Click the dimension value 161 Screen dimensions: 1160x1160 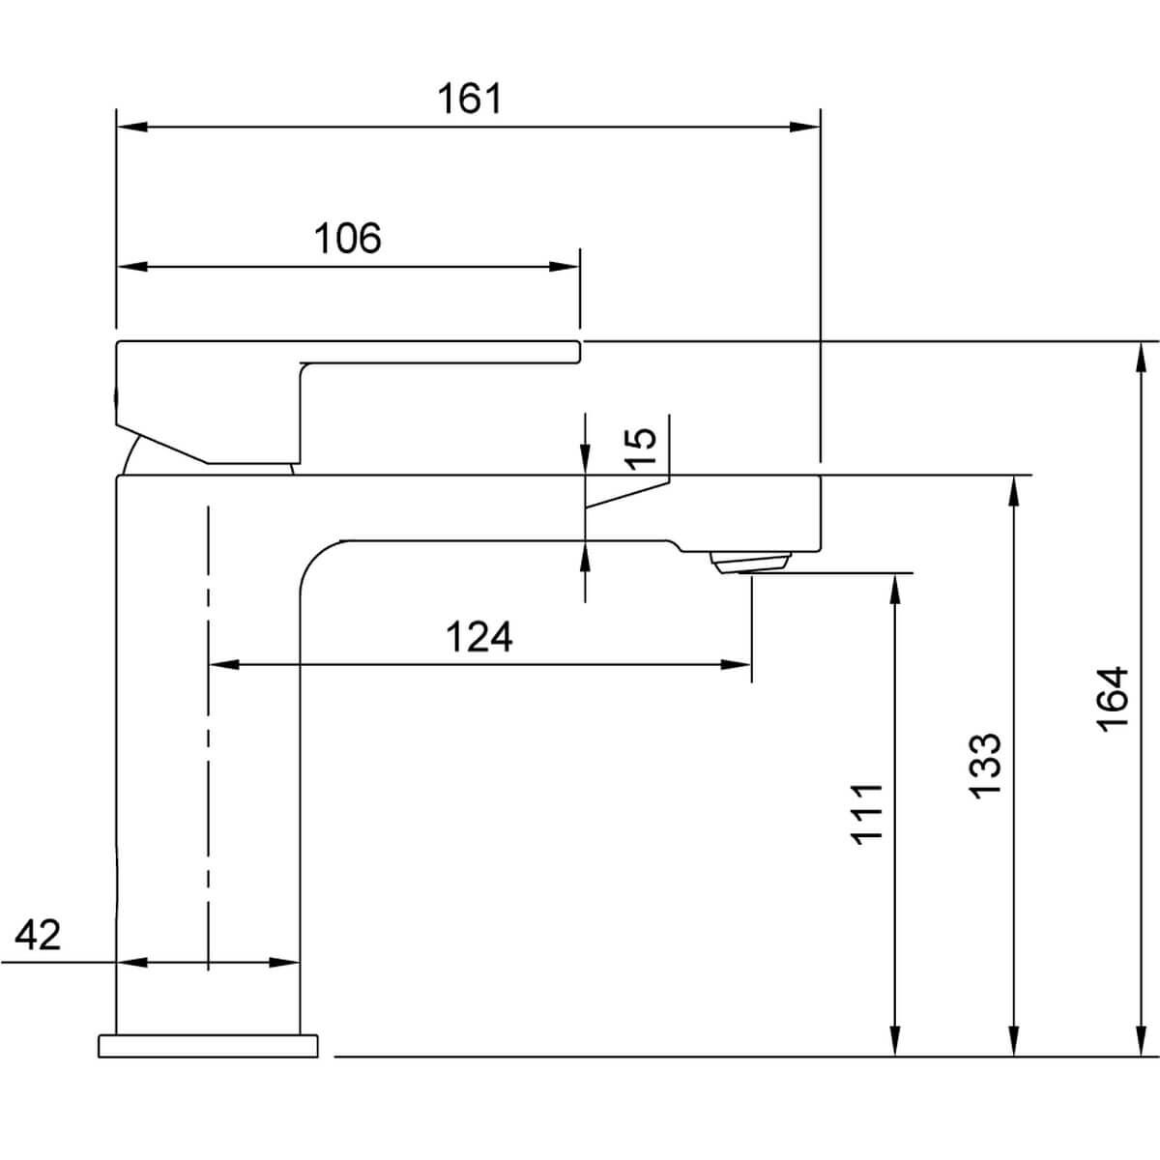[x=469, y=99]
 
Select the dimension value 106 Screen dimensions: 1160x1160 [x=347, y=239]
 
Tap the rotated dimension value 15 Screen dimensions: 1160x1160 [x=640, y=449]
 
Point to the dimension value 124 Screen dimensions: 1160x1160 [x=479, y=637]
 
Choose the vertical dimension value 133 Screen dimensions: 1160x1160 [x=985, y=766]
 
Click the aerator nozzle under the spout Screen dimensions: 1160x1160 [x=750, y=563]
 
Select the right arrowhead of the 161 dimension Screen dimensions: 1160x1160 [x=805, y=127]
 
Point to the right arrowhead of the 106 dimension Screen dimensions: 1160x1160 [x=564, y=267]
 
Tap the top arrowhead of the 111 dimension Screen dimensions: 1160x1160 [x=895, y=589]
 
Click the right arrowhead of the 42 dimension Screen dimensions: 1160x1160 [x=284, y=963]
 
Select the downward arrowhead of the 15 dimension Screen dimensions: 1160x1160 [x=585, y=459]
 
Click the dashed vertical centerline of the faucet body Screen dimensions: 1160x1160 [x=208, y=739]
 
